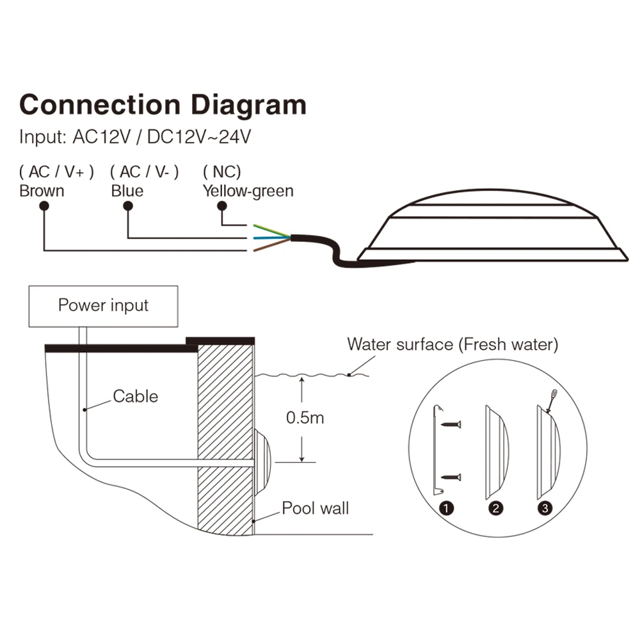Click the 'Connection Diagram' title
tap(163, 104)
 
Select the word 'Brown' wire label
tap(42, 190)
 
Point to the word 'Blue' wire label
tap(127, 190)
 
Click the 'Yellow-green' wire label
tap(248, 190)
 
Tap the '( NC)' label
tap(221, 172)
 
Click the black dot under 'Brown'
tap(44, 205)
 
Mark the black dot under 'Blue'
tap(128, 205)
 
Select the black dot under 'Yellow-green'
tap(222, 205)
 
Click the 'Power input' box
tap(104, 305)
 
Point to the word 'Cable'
tap(135, 396)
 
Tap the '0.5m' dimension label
tap(305, 419)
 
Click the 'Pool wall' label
tap(316, 509)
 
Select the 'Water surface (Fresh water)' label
tap(452, 344)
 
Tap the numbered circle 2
tap(496, 509)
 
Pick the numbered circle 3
tap(545, 509)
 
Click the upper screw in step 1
tap(451, 424)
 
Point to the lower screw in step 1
tap(451, 477)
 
